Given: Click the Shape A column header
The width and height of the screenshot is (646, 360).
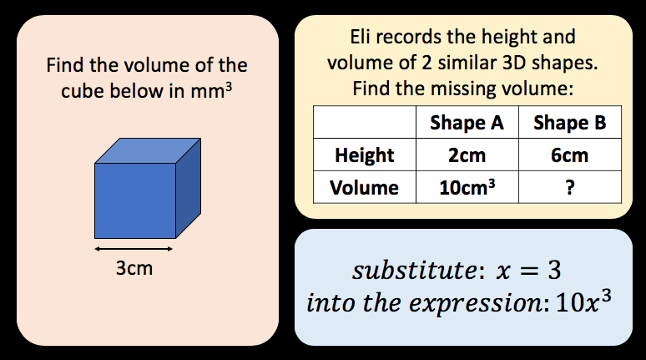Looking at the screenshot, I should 467,124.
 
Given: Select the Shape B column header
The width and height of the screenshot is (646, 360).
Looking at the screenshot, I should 569,124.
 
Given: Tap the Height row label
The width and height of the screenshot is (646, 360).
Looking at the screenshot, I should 364,155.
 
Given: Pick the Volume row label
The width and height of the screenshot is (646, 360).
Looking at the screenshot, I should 364,187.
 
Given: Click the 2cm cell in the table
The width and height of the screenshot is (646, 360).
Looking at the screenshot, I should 467,155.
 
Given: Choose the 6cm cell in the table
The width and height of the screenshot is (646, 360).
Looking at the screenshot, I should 569,155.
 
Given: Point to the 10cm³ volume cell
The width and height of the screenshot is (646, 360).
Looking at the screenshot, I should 467,187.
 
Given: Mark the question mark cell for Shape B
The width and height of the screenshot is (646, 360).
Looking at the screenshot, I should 569,187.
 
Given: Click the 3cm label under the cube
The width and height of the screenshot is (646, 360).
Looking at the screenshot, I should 134,270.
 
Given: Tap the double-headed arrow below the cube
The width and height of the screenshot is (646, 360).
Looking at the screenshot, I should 134,249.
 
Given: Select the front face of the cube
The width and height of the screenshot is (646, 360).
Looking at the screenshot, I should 134,200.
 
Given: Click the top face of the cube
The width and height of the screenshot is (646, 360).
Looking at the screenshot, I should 148,150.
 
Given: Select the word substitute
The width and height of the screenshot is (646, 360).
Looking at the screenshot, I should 399,271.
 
